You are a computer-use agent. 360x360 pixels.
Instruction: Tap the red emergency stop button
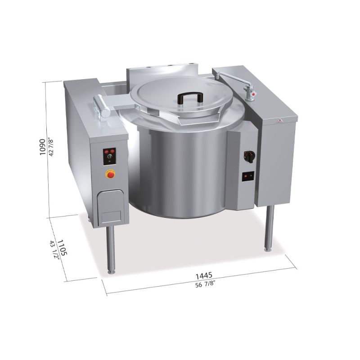click(110, 174)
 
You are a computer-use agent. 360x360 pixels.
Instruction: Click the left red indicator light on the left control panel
click(106, 152)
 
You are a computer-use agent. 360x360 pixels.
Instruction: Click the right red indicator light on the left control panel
click(112, 151)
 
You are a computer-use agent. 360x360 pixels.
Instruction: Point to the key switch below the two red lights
click(109, 157)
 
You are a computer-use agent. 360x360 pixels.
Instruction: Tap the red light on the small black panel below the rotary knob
click(246, 176)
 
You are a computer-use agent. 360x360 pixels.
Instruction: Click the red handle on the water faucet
click(253, 94)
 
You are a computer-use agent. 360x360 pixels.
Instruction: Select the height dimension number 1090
click(42, 147)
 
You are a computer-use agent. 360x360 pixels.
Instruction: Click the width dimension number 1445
click(204, 274)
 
